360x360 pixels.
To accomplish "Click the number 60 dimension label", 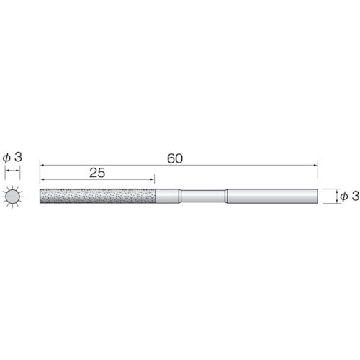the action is pos(175,158).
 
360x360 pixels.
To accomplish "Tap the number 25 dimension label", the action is pos(97,173).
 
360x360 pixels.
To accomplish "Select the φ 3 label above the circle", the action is pos(12,158).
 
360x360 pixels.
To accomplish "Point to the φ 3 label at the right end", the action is pos(350,197).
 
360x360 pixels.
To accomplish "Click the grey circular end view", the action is pos(12,197).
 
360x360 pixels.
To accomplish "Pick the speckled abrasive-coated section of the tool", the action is pos(98,197).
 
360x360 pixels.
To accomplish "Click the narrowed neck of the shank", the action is pos(203,197).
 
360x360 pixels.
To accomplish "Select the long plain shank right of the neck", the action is pos(272,197).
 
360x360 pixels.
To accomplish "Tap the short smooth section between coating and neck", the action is pos(168,197).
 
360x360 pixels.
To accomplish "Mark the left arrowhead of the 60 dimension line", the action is pos(42,165).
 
